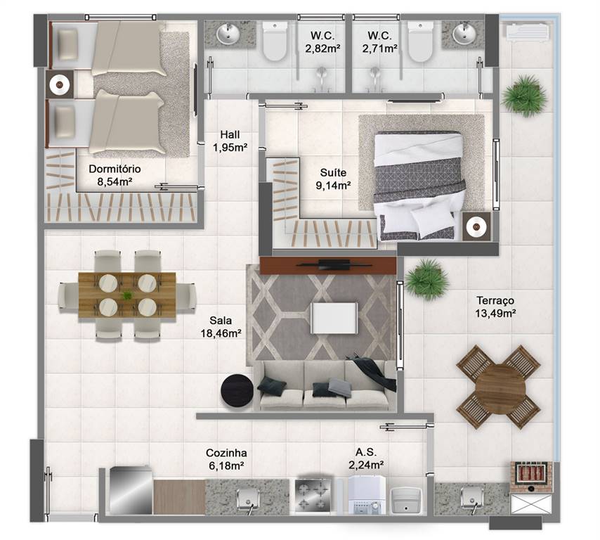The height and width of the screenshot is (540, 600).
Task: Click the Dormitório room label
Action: (x=115, y=169)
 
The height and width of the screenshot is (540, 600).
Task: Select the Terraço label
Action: (x=495, y=300)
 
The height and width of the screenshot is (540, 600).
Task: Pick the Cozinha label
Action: (x=226, y=453)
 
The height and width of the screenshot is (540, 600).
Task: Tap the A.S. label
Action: (x=365, y=453)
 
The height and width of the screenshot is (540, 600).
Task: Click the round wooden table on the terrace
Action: (x=500, y=385)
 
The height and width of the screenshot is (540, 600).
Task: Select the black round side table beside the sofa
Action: (x=237, y=390)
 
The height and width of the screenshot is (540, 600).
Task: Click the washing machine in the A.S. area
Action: (x=366, y=495)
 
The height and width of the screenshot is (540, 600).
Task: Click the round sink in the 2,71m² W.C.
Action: (x=464, y=32)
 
